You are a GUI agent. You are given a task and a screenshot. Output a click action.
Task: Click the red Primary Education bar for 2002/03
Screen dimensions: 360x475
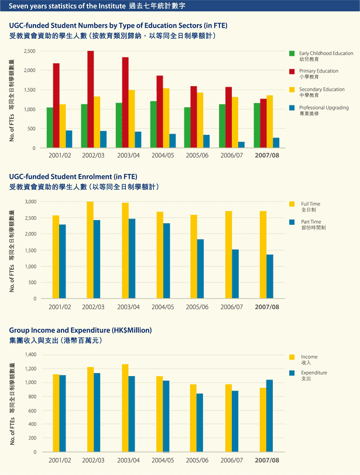tap(91, 100)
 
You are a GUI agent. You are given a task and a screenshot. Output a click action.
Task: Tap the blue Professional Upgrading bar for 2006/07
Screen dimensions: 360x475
tap(241, 145)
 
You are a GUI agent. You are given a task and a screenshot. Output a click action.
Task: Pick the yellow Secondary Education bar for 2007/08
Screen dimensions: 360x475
tap(270, 121)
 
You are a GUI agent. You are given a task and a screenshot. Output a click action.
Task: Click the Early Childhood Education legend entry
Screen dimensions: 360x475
tap(321, 56)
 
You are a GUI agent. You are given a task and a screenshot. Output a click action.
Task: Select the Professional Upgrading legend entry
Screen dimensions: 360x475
tap(319, 110)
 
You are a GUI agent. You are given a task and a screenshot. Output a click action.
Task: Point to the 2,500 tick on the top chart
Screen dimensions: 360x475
tap(30, 51)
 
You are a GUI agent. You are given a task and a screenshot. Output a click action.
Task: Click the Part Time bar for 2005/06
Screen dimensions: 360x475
tap(200, 269)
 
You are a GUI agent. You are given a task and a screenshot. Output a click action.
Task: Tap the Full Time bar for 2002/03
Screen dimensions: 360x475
tap(90, 250)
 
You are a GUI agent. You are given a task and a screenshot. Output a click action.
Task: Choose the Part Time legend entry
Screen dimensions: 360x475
tap(307, 224)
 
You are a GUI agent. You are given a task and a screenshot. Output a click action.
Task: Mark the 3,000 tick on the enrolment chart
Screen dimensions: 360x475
tap(30, 201)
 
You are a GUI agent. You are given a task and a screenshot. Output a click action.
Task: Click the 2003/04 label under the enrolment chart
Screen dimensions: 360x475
tap(128, 307)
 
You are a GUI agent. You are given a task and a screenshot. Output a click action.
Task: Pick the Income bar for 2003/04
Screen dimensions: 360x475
tap(125, 408)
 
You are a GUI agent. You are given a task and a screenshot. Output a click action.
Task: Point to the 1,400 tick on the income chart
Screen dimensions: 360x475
tap(30, 354)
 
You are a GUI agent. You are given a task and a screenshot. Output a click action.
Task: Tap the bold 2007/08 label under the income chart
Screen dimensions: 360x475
tap(267, 460)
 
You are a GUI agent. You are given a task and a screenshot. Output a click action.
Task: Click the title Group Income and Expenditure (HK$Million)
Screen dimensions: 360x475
tap(81, 330)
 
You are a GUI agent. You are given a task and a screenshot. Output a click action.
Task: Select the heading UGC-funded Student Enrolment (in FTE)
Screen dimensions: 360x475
tap(73, 177)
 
